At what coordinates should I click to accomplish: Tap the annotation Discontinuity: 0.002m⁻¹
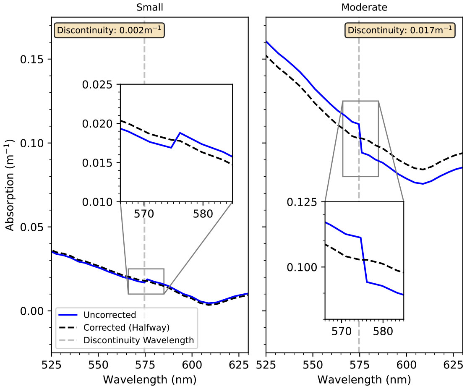pyautogui.click(x=110, y=30)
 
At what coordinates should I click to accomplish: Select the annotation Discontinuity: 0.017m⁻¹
pyautogui.click(x=399, y=30)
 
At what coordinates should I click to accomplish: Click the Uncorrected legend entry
pyautogui.click(x=110, y=315)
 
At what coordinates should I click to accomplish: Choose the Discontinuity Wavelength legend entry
pyautogui.click(x=138, y=340)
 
